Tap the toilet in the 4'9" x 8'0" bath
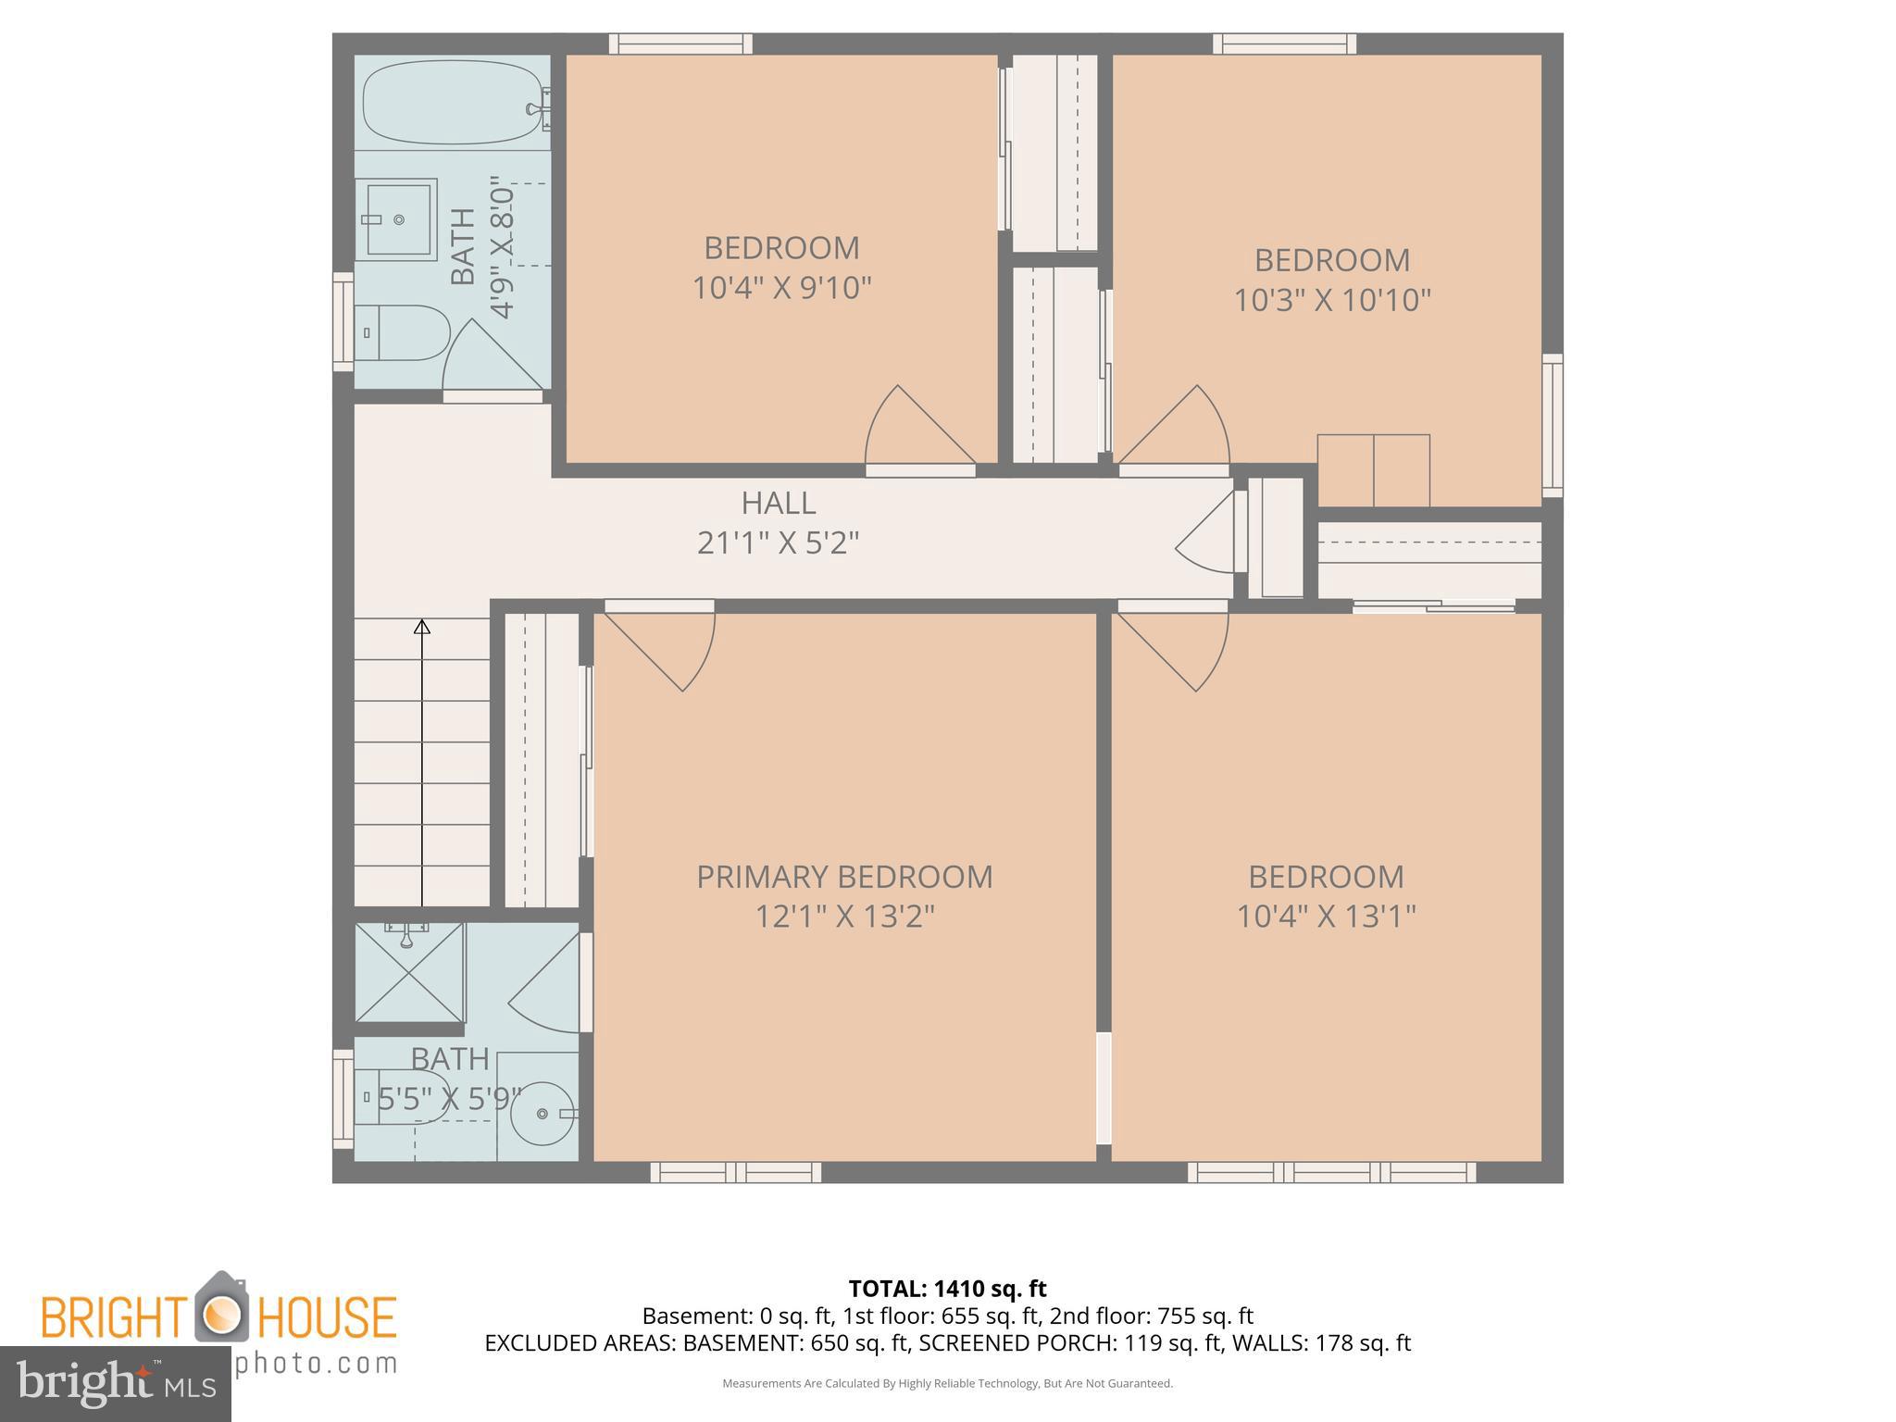404,332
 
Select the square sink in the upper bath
399,219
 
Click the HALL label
778,503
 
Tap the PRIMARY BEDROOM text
843,877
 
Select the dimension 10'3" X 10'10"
1331,300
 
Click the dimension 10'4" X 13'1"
1326,917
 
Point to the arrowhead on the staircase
422,627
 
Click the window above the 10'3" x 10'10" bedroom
1284,44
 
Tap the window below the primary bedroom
735,1172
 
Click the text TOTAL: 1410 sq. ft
947,1289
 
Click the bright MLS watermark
115,1383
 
